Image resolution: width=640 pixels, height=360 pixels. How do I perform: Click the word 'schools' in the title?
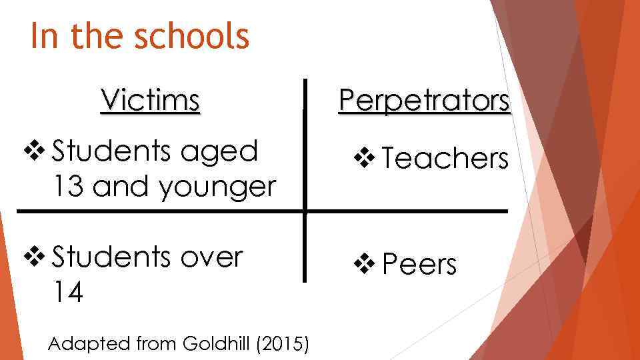coord(192,36)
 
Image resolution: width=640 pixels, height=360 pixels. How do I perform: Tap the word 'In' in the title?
coord(45,36)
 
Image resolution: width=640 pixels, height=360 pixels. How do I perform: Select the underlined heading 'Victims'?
coord(150,101)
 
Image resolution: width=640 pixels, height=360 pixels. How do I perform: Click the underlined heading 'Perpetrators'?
coord(424,101)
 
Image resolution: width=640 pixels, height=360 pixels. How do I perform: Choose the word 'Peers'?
coord(419,265)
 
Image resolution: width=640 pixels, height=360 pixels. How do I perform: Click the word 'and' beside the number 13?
coord(121,187)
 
